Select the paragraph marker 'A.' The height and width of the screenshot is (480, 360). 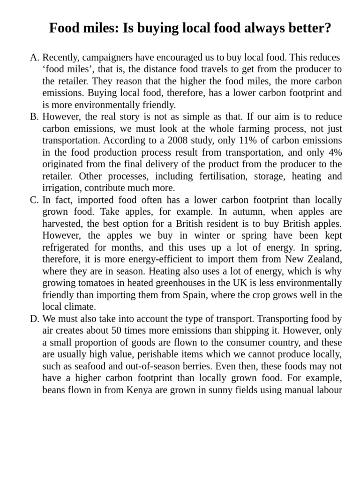[35, 58]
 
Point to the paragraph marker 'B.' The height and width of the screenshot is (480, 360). [35, 117]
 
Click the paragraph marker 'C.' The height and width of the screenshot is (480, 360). [35, 200]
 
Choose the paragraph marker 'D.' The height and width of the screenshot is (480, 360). [35, 318]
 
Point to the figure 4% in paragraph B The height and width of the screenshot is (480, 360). [333, 152]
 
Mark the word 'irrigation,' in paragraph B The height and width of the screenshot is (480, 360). [62, 188]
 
